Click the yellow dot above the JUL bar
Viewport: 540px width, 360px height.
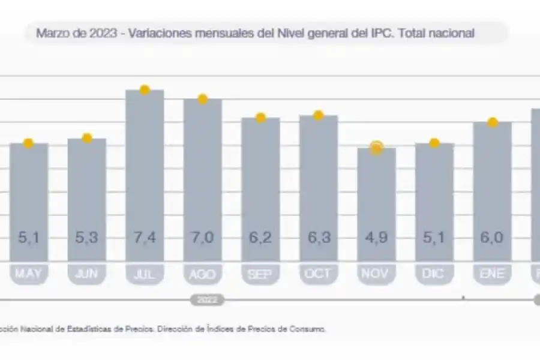pyautogui.click(x=144, y=90)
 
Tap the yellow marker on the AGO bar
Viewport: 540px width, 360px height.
pyautogui.click(x=202, y=99)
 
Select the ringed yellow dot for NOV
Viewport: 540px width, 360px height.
pyautogui.click(x=376, y=148)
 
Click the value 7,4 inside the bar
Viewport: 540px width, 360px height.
pyautogui.click(x=144, y=238)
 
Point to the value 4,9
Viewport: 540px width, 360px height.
pyautogui.click(x=376, y=238)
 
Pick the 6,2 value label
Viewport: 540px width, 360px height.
pyautogui.click(x=260, y=238)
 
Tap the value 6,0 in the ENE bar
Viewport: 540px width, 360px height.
pyautogui.click(x=492, y=238)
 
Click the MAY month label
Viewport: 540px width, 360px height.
pyautogui.click(x=28, y=274)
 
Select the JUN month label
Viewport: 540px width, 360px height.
pyautogui.click(x=86, y=274)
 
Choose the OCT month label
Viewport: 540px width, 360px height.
pyautogui.click(x=319, y=274)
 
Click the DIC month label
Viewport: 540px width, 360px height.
pyautogui.click(x=434, y=274)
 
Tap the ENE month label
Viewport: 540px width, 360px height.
pyautogui.click(x=492, y=274)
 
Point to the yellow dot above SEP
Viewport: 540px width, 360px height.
pyautogui.click(x=260, y=118)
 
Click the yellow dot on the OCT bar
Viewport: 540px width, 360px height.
pyautogui.click(x=319, y=115)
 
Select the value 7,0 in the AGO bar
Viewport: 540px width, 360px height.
pyautogui.click(x=202, y=238)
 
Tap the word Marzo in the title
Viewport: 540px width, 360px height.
pyautogui.click(x=49, y=34)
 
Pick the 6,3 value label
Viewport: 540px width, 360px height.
pyautogui.click(x=319, y=238)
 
